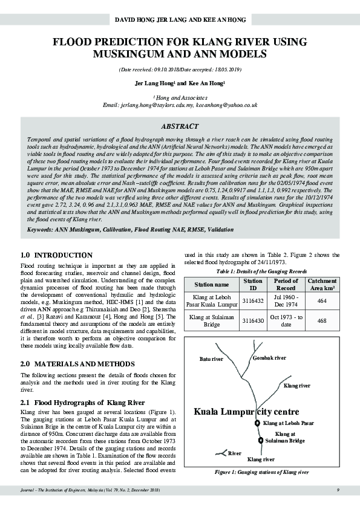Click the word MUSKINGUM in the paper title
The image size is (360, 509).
(123, 54)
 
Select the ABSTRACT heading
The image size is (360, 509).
(179, 126)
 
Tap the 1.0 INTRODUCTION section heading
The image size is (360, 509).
(56, 255)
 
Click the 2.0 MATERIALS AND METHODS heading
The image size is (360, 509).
(77, 364)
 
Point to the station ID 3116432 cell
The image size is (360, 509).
(252, 301)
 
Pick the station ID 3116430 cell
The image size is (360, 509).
(252, 320)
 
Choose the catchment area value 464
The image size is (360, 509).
(322, 301)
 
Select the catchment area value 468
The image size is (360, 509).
(322, 320)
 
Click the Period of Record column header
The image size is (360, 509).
(286, 284)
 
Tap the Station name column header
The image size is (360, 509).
(211, 284)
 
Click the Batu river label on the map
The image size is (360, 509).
(211, 359)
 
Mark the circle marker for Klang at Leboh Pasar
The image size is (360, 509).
(257, 423)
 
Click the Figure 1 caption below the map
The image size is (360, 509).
(263, 472)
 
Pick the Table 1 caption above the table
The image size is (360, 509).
(262, 271)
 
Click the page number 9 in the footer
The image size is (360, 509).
(338, 488)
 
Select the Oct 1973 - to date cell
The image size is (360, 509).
(286, 320)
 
